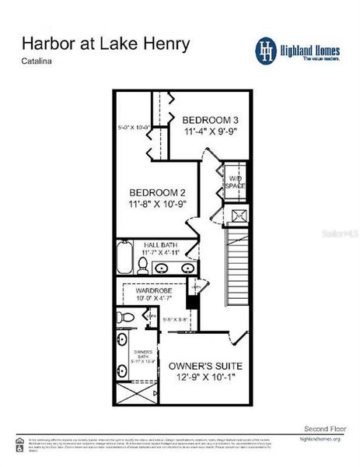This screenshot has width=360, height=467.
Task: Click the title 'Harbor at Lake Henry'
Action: pyautogui.click(x=105, y=44)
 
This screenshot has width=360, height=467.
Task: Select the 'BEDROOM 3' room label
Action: pyautogui.click(x=209, y=120)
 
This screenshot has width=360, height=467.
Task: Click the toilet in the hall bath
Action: pyautogui.click(x=142, y=267)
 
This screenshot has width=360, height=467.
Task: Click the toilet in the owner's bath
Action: pyautogui.click(x=124, y=317)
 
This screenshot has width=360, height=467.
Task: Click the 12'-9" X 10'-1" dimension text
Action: pyautogui.click(x=205, y=377)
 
